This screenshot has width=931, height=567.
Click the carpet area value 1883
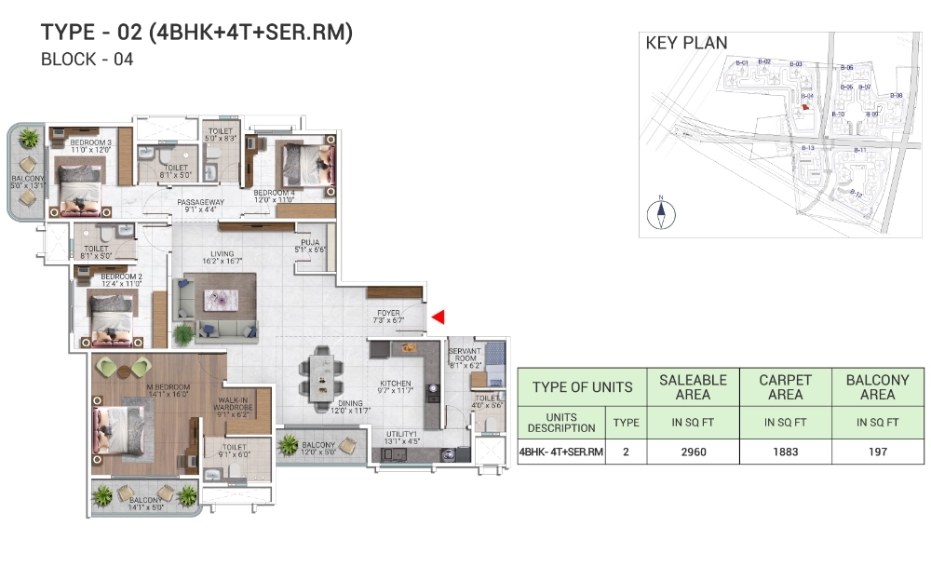click(x=786, y=452)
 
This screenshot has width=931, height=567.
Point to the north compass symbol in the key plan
click(x=661, y=213)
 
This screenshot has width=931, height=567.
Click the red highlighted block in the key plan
click(x=804, y=106)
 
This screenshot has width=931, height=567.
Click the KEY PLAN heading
click(x=686, y=43)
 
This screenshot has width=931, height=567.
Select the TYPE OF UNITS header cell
click(x=582, y=387)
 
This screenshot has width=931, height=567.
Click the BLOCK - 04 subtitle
click(x=88, y=61)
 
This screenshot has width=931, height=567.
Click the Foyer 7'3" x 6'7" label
click(x=389, y=317)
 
